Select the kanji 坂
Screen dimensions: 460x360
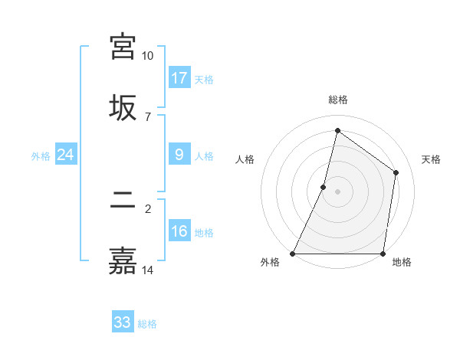(123, 107)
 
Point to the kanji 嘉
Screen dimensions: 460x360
(123, 261)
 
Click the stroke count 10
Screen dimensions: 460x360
(147, 56)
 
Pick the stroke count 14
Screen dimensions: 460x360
(147, 270)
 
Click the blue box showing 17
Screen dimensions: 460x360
(179, 78)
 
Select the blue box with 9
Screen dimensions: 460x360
(179, 155)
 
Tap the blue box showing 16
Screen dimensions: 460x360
(179, 231)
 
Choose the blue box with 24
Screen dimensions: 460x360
(66, 155)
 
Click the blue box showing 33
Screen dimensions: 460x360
(123, 322)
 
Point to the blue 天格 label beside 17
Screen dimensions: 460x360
(203, 79)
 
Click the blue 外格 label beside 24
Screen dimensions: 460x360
(41, 155)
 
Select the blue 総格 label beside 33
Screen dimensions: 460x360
(147, 323)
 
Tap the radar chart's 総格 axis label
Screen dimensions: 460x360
(337, 100)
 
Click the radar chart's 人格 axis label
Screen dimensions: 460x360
(245, 159)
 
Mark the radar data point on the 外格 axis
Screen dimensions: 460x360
(293, 254)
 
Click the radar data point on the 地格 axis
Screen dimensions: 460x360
(383, 254)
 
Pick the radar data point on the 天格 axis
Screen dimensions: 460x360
(396, 172)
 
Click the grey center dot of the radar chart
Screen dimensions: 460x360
(337, 191)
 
